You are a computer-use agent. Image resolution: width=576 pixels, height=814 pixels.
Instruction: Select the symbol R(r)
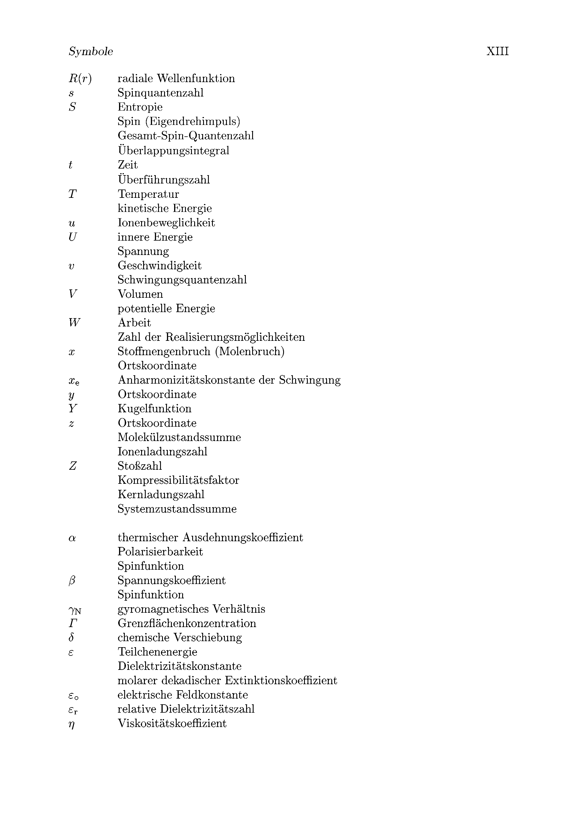(80, 78)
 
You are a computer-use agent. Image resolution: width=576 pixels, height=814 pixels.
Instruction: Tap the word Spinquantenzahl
(161, 93)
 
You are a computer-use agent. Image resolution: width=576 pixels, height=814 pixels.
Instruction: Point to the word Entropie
(140, 107)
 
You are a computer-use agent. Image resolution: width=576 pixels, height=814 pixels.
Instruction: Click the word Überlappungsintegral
(174, 150)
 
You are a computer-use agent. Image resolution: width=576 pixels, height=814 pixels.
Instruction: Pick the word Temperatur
(148, 194)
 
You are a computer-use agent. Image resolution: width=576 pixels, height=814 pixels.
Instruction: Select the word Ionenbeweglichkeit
(166, 223)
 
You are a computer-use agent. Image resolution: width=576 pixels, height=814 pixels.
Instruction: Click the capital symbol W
(74, 323)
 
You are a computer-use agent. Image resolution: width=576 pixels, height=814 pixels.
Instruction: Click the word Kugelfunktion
(155, 409)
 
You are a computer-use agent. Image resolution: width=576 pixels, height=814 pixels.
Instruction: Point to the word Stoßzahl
(140, 466)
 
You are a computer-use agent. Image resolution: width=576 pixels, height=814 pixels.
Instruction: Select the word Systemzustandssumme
(177, 509)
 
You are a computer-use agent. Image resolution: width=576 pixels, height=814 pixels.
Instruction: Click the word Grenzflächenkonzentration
(187, 623)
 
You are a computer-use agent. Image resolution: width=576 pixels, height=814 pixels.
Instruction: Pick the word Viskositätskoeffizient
(172, 724)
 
